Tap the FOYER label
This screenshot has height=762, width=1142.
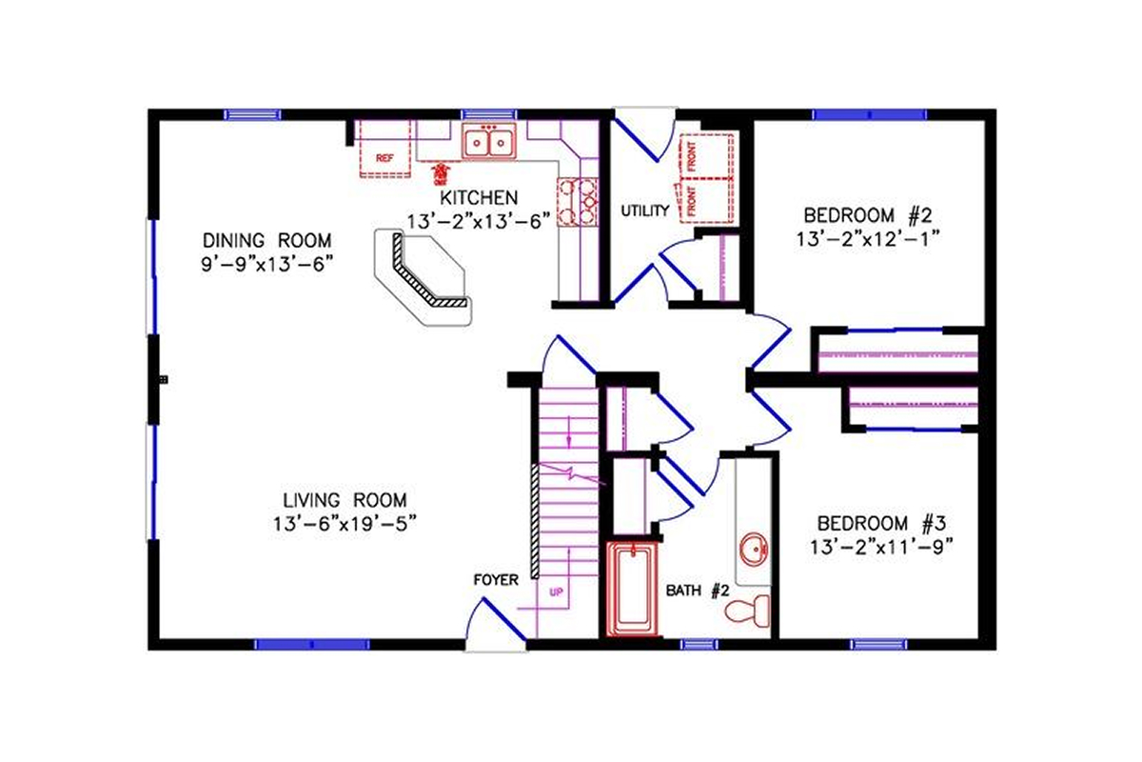coord(495,579)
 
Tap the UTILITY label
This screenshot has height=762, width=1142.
coord(645,211)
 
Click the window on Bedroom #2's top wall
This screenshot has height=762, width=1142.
coord(869,114)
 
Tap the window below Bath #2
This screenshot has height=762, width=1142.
coord(699,645)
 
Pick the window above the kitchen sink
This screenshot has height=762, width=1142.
coord(489,114)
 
